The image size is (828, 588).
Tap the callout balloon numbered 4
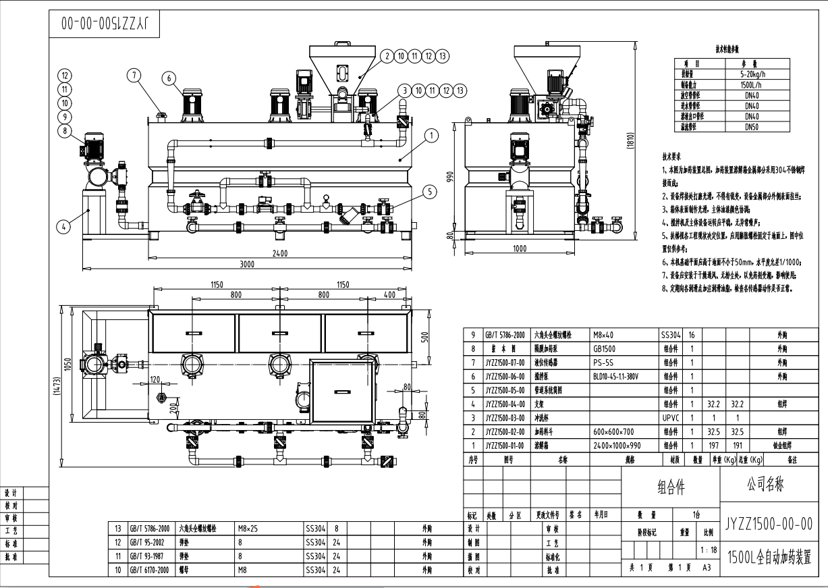pyautogui.click(x=63, y=227)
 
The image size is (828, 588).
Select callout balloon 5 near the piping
pyautogui.click(x=429, y=192)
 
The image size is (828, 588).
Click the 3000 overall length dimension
pyautogui.click(x=248, y=265)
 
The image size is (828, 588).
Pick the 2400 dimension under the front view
pyautogui.click(x=279, y=254)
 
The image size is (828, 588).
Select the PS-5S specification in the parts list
pyautogui.click(x=605, y=363)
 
